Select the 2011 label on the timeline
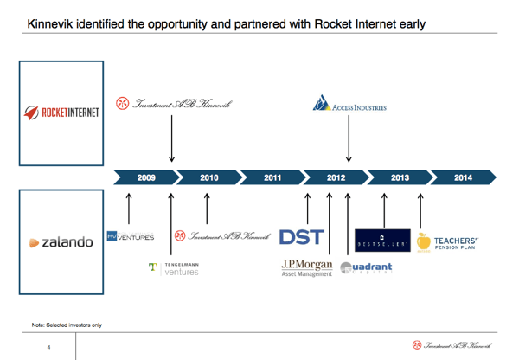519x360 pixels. coord(273,177)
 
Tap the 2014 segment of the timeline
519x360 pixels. coord(463,177)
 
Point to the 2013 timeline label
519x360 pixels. coord(400,177)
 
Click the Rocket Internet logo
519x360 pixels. coord(62,112)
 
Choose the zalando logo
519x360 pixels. coord(62,242)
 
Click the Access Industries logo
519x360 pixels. coord(349,106)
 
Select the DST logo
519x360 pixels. coord(299,235)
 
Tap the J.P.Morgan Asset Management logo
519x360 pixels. coord(307,267)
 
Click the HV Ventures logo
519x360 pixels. coord(131,236)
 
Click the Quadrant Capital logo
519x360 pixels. coord(367,267)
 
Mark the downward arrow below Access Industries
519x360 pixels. coord(349,138)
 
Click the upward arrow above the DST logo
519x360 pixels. coord(307,208)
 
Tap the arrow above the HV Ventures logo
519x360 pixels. coord(129,208)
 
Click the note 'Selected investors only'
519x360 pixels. coord(67,325)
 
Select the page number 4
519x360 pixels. coord(49,347)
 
